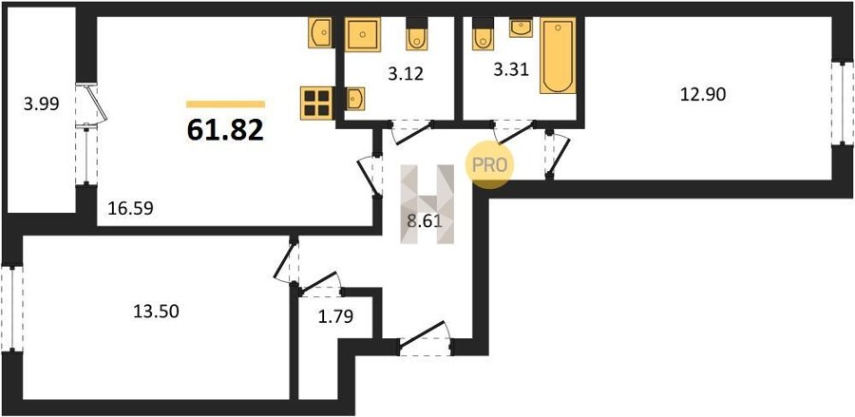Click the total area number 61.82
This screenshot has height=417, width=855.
point(225,130)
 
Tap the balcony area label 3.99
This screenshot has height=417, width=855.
point(41,103)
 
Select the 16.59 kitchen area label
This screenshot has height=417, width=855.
point(130,208)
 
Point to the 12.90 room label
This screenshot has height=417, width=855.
point(702,95)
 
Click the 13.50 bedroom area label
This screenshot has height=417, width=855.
point(157,312)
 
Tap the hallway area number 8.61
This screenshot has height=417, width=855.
point(425,221)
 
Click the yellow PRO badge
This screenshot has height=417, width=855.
point(489,165)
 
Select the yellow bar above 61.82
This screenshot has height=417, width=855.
point(226,104)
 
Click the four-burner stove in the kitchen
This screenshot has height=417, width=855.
point(316,103)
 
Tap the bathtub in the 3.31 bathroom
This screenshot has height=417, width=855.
point(558,56)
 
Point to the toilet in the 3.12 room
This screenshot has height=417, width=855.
point(417,34)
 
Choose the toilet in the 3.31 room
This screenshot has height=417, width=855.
point(483,34)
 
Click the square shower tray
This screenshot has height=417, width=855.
point(363,34)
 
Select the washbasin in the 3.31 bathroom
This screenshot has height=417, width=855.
point(521,28)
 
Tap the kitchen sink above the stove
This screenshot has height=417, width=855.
point(321,32)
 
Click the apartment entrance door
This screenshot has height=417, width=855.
point(425,339)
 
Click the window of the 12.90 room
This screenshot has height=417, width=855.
point(843,103)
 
